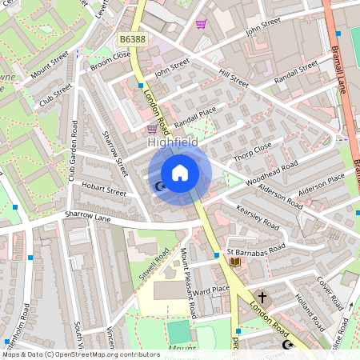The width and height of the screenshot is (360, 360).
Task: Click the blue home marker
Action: [x=180, y=173]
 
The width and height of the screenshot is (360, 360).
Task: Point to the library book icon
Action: [x=235, y=262]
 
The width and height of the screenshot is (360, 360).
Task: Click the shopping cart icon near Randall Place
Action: [x=152, y=128]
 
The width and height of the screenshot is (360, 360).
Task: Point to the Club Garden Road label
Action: [x=73, y=150]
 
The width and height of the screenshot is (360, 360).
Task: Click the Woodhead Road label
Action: [x=273, y=170]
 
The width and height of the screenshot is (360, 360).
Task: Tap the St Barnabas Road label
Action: [x=255, y=250]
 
